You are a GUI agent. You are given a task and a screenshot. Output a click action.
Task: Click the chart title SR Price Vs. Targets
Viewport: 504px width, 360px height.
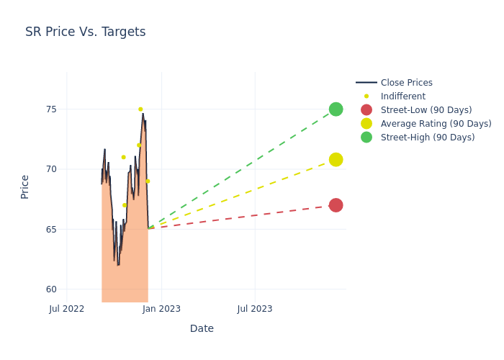(85, 32)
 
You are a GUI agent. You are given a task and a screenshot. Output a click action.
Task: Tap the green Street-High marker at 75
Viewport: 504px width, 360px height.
(336, 109)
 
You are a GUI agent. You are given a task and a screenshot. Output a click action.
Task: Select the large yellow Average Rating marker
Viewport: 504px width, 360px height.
(336, 159)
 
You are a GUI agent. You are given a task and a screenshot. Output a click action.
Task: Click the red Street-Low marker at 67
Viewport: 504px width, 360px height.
(336, 205)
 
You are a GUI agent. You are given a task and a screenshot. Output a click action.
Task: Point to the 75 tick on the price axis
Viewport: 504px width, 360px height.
(51, 109)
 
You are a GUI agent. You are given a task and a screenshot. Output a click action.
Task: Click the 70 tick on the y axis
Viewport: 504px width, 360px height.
(51, 169)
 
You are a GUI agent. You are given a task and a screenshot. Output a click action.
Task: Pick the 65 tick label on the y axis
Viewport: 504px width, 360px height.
(51, 230)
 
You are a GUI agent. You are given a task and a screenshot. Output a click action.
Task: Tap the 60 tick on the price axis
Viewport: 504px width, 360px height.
(51, 289)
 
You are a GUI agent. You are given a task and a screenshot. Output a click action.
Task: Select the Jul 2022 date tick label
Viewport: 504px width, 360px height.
(67, 309)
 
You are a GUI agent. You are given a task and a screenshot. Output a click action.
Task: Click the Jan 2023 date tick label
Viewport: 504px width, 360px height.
(161, 309)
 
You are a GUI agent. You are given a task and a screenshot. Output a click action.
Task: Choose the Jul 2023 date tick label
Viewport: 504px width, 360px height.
(255, 309)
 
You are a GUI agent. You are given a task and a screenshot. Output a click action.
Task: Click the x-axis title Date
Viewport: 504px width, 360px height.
(202, 328)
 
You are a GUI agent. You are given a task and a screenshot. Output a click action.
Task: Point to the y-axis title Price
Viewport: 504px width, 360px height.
(25, 186)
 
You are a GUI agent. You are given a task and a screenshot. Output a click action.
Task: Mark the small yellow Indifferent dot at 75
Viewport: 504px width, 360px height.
(140, 109)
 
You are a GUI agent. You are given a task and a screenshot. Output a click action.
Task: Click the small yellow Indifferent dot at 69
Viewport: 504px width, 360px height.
(148, 181)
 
